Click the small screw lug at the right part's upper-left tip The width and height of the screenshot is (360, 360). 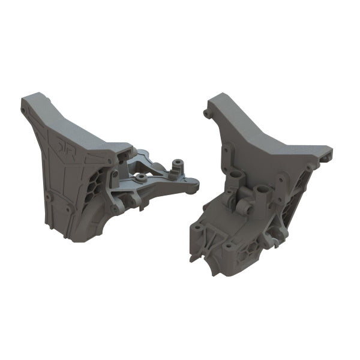[208, 112]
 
